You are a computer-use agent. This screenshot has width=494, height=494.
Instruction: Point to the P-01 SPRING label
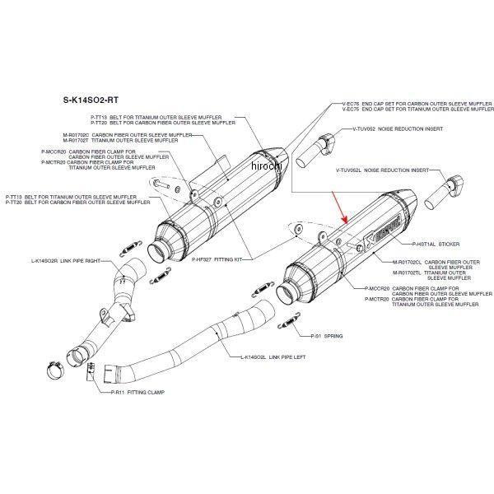(327, 337)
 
